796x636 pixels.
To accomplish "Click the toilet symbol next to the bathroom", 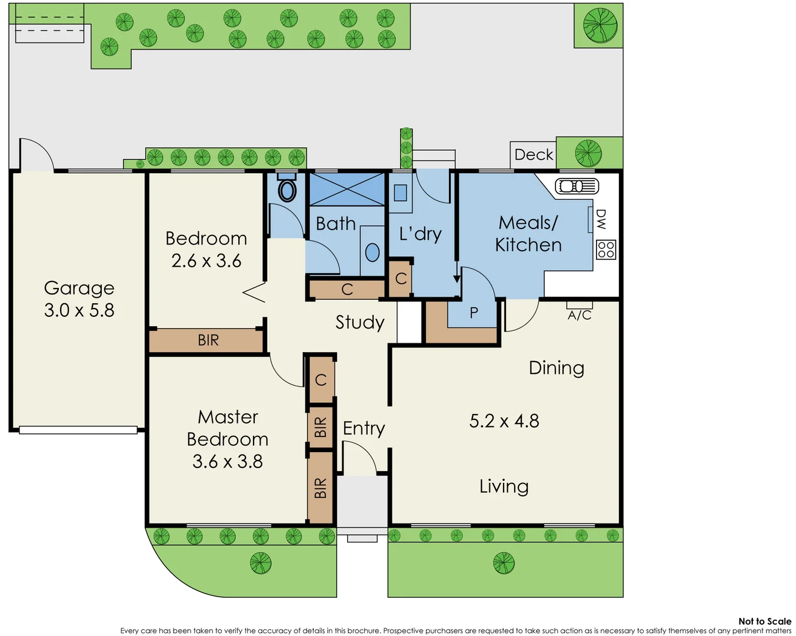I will pyautogui.click(x=287, y=188).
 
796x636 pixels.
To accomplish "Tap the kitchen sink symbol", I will pyautogui.click(x=577, y=187).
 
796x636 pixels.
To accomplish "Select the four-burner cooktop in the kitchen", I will pyautogui.click(x=606, y=250).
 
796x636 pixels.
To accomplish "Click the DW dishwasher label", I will pyautogui.click(x=601, y=219).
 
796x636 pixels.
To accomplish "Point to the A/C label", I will pyautogui.click(x=579, y=315).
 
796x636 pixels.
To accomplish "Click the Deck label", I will pyautogui.click(x=534, y=155).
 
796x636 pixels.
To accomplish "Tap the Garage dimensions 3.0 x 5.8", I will pyautogui.click(x=79, y=310).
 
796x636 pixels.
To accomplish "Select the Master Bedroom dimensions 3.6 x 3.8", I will pyautogui.click(x=228, y=461).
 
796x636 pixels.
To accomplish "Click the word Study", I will pyautogui.click(x=359, y=322).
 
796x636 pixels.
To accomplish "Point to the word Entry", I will pyautogui.click(x=364, y=428).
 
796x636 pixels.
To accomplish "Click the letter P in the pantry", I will pyautogui.click(x=474, y=313).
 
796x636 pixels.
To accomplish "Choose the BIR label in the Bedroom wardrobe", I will pyautogui.click(x=208, y=340).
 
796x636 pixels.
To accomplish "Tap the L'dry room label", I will pyautogui.click(x=420, y=234).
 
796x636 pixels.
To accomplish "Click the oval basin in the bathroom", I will pyautogui.click(x=372, y=253).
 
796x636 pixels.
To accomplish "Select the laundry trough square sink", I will pyautogui.click(x=400, y=193).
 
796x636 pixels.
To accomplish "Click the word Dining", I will pyautogui.click(x=557, y=368).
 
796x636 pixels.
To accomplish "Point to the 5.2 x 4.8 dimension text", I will pyautogui.click(x=504, y=421).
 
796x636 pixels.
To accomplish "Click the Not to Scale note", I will pyautogui.click(x=764, y=621).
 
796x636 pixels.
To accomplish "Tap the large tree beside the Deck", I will pyautogui.click(x=588, y=153).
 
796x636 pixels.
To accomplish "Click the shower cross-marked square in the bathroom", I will pyautogui.click(x=347, y=189).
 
